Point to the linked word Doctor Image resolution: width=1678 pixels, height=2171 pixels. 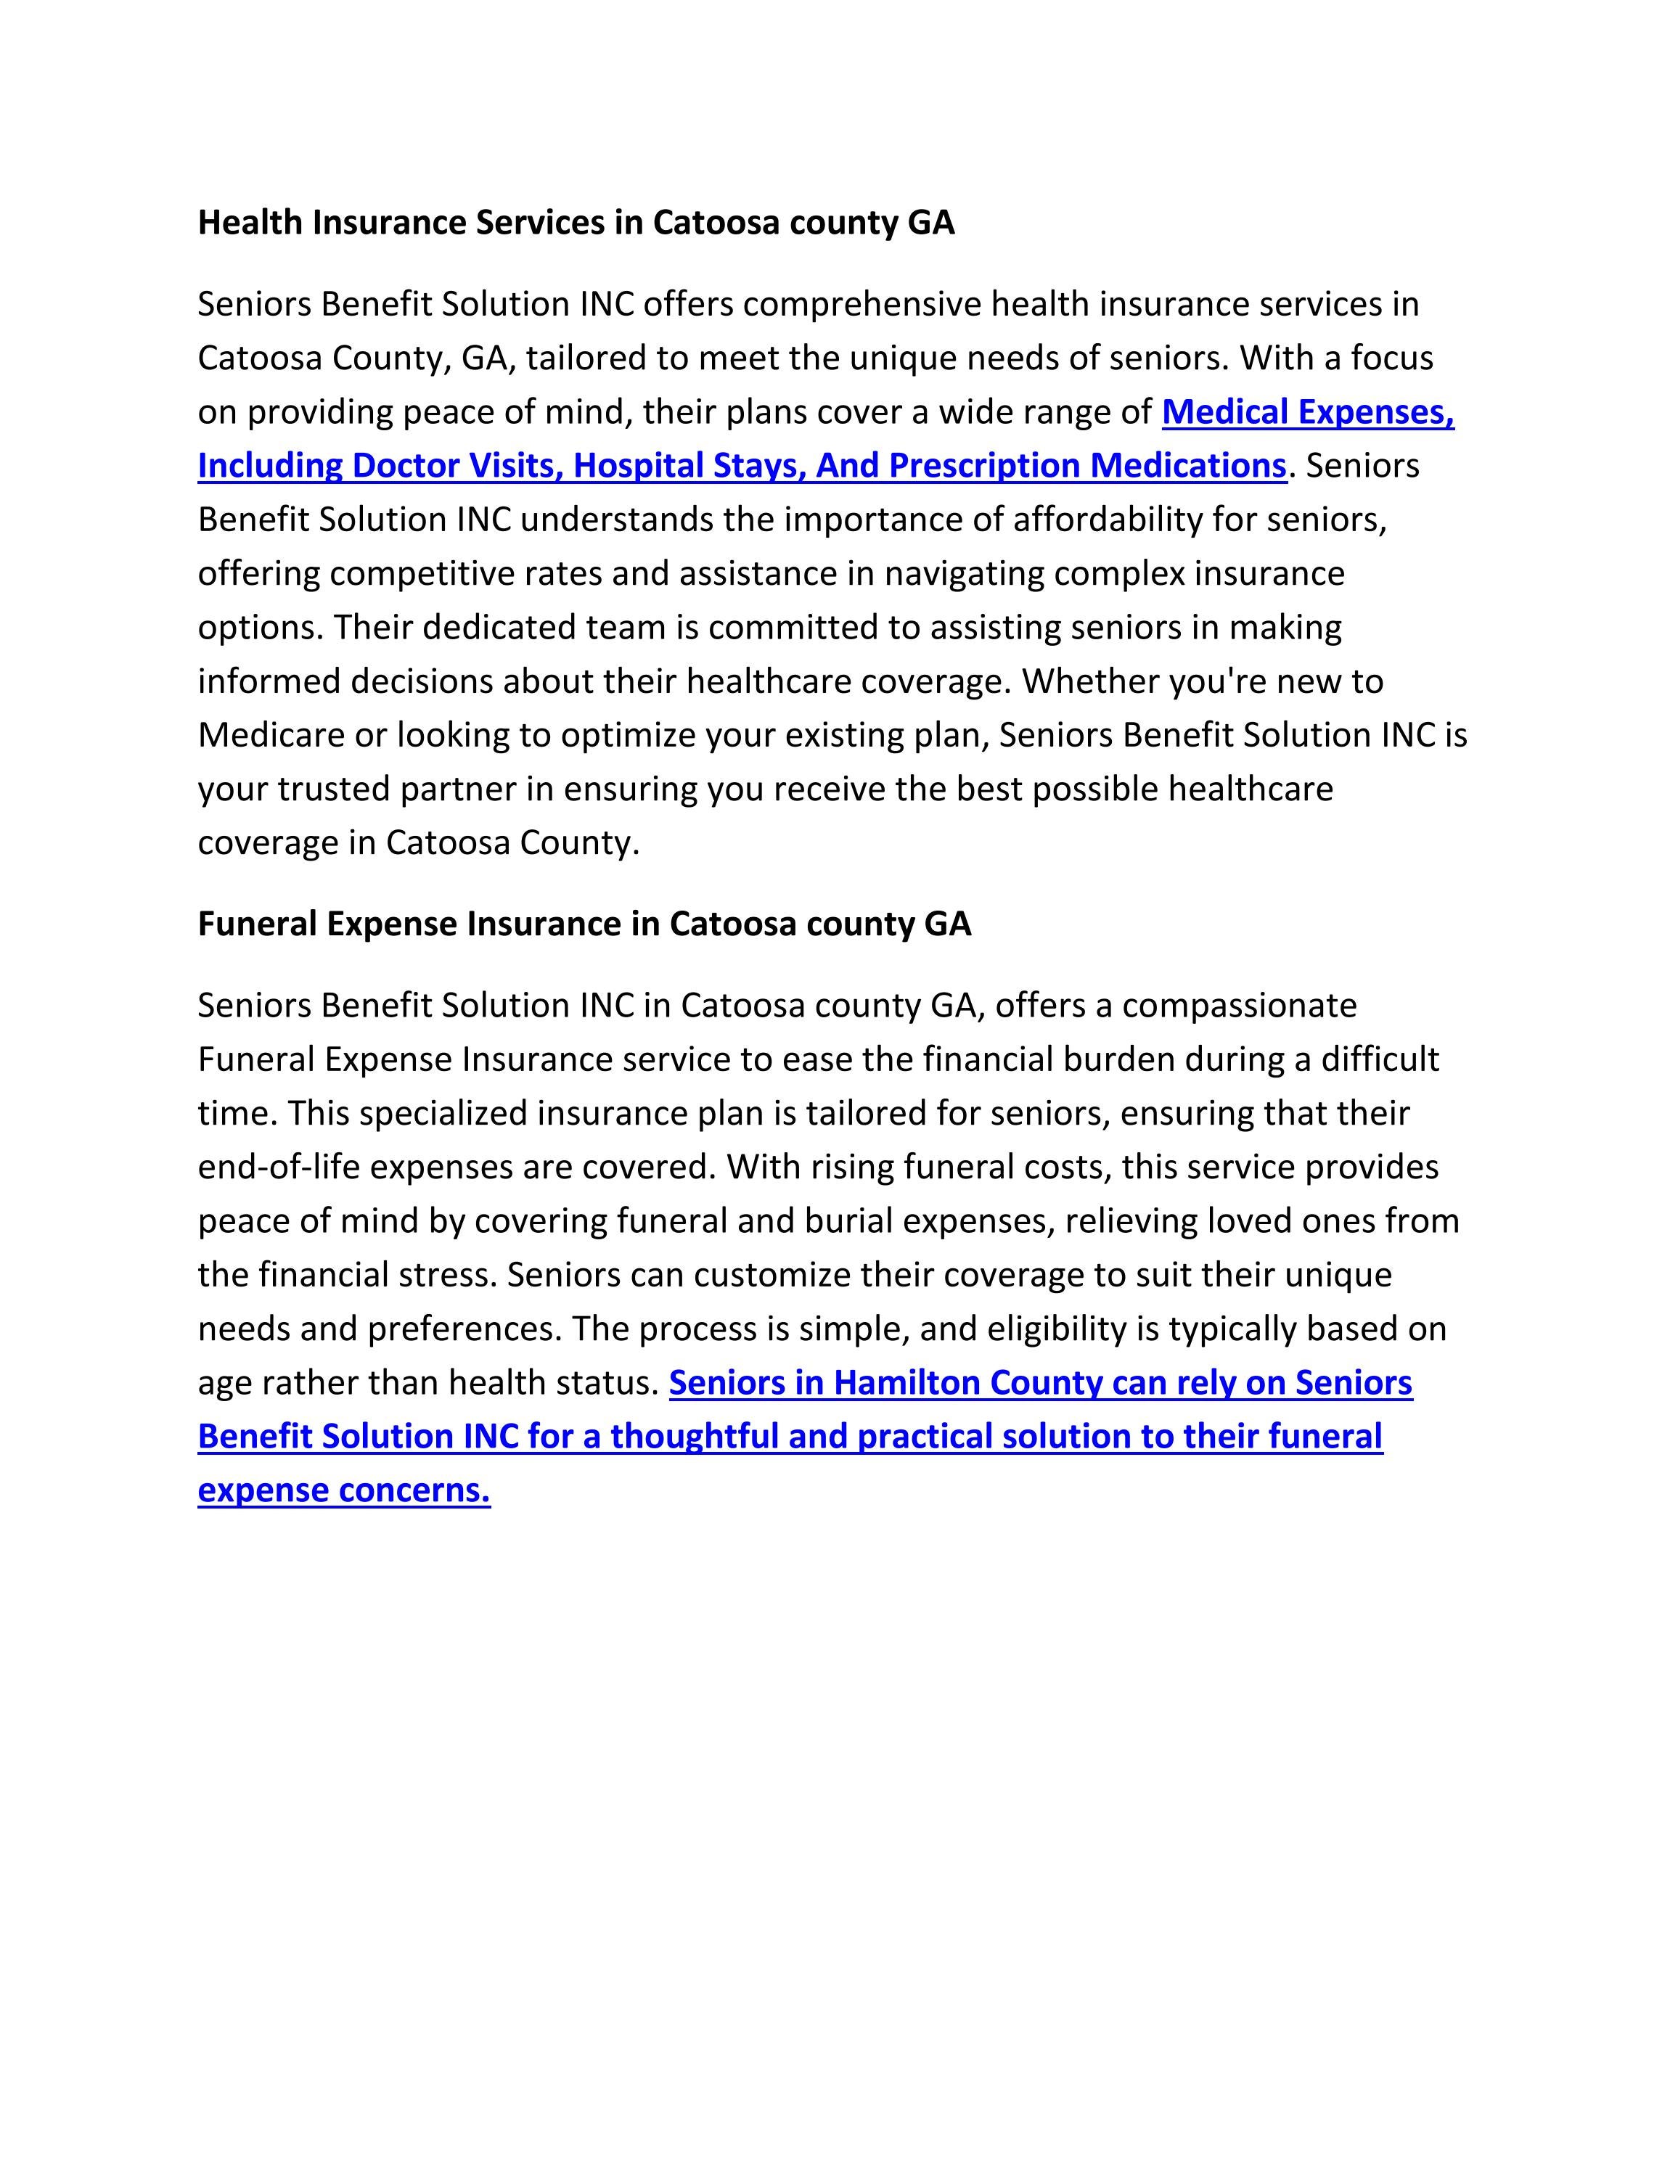coord(404,465)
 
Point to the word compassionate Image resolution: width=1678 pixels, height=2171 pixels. coord(1239,1006)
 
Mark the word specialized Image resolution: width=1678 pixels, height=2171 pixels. coord(443,1113)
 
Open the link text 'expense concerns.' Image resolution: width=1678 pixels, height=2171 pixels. coord(344,1490)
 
